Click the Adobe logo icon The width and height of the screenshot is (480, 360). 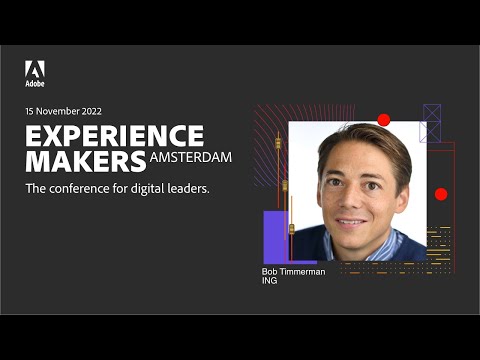(35, 69)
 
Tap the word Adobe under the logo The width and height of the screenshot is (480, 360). (35, 84)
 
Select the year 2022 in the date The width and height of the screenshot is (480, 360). (90, 111)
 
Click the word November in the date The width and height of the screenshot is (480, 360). (57, 111)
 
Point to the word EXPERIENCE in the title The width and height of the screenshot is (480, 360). (114, 136)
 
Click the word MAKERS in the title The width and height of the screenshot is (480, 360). (85, 161)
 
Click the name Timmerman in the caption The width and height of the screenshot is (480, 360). (302, 271)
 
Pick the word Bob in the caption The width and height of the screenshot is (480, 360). (271, 271)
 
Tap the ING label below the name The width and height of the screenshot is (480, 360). (270, 281)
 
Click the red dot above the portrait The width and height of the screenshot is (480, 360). (384, 120)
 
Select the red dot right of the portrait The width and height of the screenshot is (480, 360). (441, 194)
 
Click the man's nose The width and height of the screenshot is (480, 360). (351, 194)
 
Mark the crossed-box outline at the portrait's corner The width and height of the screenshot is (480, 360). (431, 123)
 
